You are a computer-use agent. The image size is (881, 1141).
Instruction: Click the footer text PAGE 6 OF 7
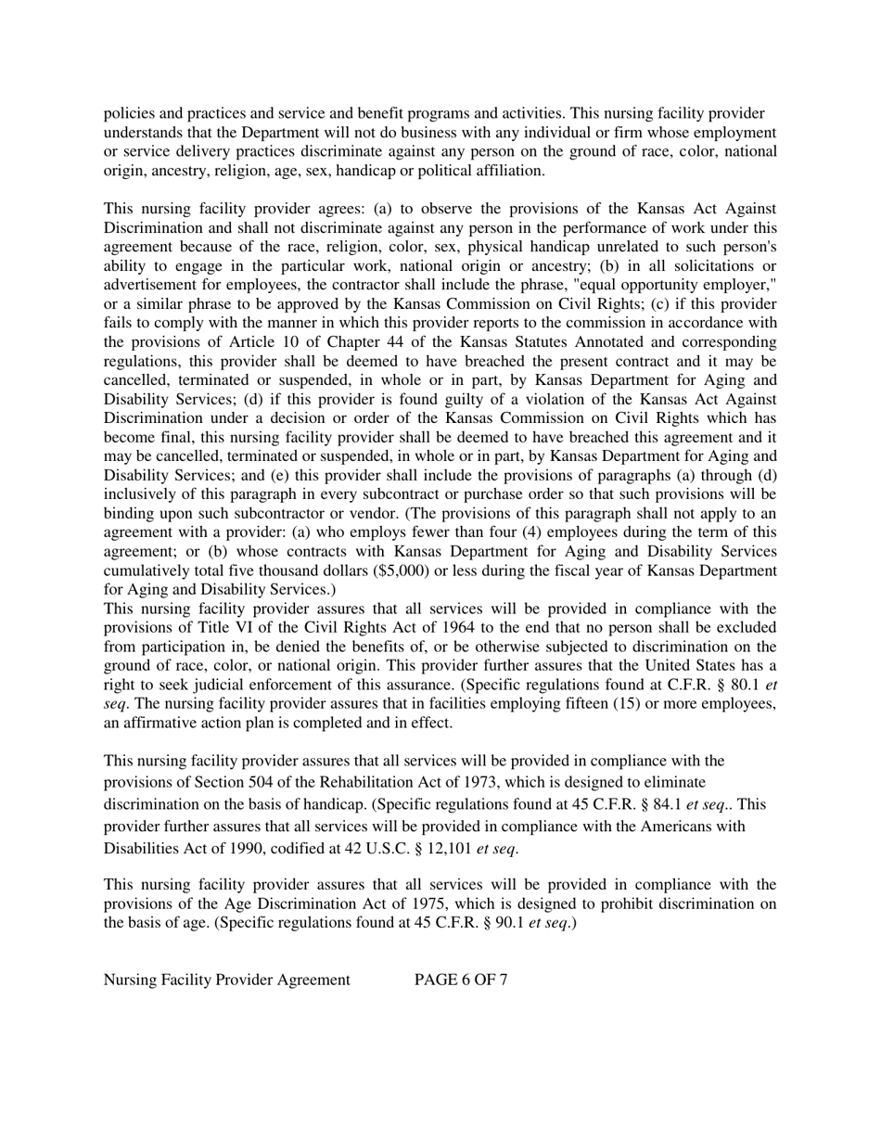460,980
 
